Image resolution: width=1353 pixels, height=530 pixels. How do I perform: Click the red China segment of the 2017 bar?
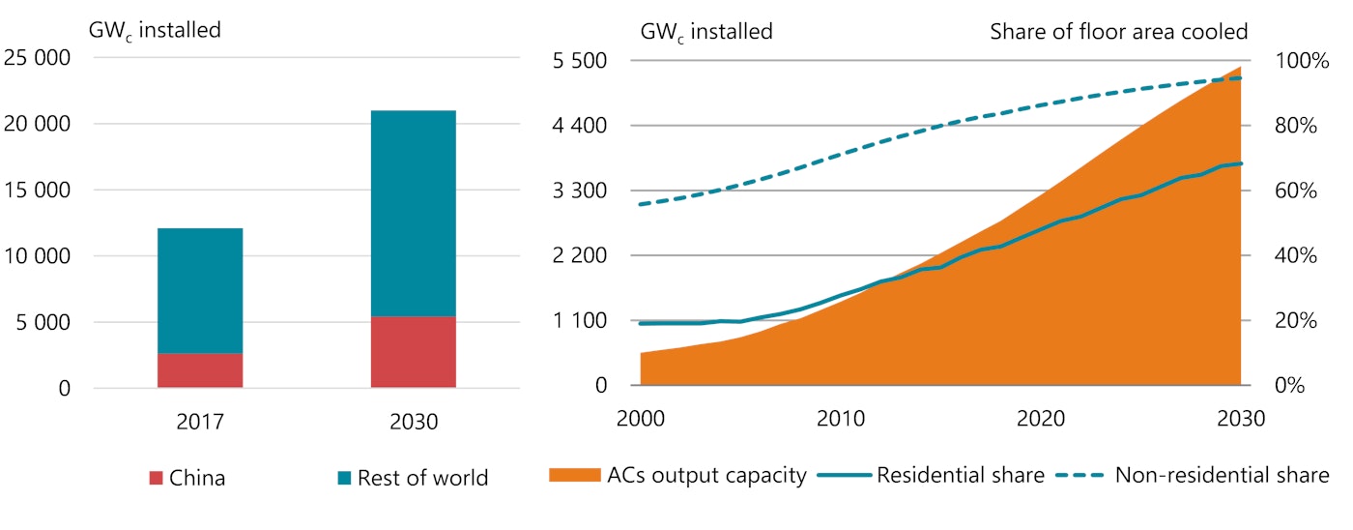tap(200, 370)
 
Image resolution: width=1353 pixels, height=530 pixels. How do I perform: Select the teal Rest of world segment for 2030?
tap(414, 213)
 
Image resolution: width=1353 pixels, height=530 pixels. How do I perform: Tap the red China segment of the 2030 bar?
tap(414, 352)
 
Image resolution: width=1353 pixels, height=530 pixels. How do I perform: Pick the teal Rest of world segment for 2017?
tap(200, 290)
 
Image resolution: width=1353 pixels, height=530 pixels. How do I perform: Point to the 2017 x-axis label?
tap(200, 423)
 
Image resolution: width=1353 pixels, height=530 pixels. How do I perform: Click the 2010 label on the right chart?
tap(841, 419)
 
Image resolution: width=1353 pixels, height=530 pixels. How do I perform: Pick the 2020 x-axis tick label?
tap(1041, 419)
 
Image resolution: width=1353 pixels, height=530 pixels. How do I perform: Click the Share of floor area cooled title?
tap(1119, 31)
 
